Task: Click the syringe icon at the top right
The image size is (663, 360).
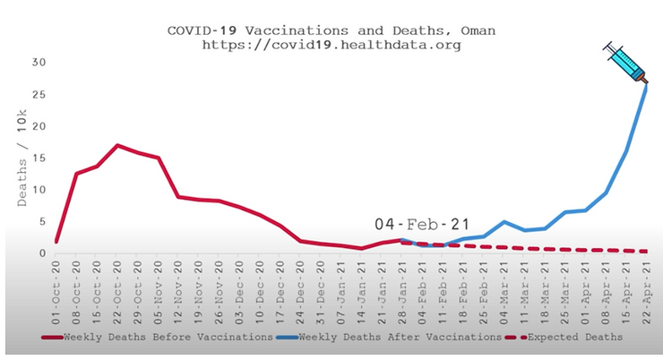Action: pos(626,62)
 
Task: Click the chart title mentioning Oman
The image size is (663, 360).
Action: pos(331,30)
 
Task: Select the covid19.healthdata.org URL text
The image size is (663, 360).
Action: pos(331,44)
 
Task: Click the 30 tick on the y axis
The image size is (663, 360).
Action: pos(38,62)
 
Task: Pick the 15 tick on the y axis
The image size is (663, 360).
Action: pos(38,158)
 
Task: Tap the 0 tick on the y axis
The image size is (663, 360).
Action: pos(41,253)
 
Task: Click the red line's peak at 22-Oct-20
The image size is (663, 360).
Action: pos(118,145)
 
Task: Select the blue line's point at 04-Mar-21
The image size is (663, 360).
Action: pos(504,221)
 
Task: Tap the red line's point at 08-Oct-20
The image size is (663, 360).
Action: pos(77,174)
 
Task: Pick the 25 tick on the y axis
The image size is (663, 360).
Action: pos(38,94)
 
